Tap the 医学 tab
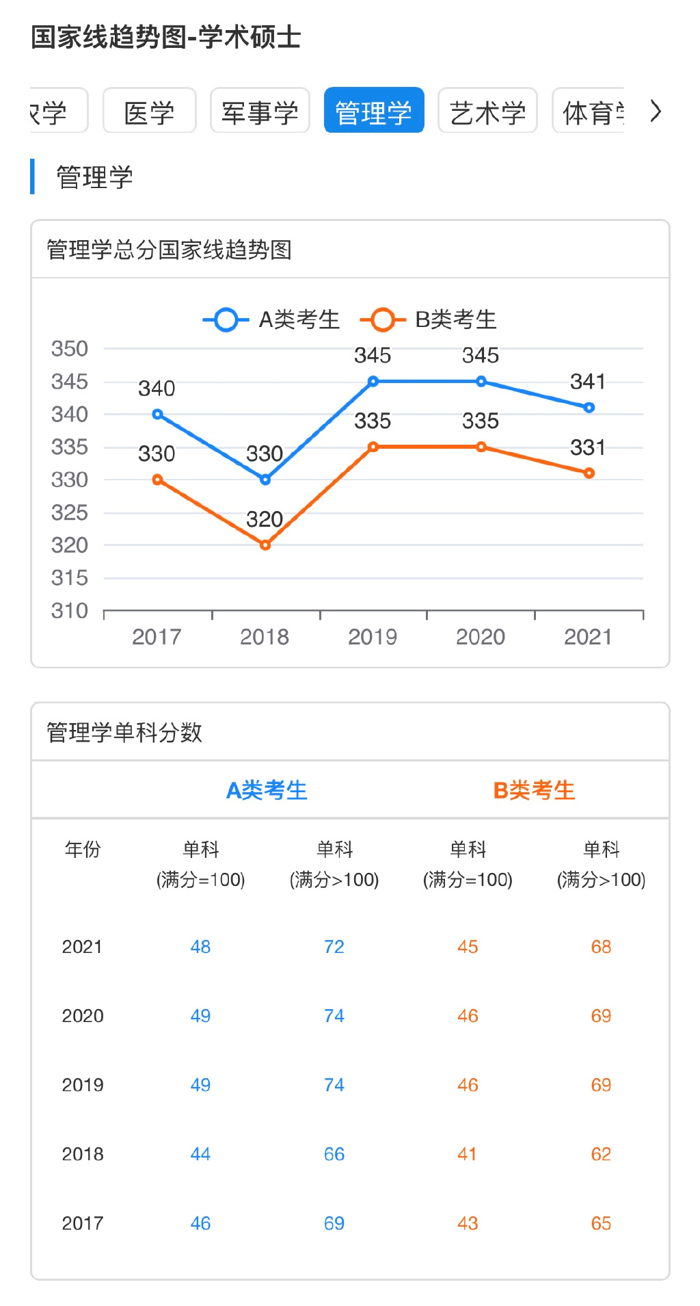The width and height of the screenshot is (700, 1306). [149, 111]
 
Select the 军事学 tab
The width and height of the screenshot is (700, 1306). [260, 111]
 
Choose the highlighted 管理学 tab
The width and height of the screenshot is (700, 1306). [373, 111]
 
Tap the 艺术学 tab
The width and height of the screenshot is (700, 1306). [487, 111]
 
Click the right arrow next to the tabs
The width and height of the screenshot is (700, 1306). [656, 111]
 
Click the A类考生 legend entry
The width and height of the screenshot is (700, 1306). [272, 319]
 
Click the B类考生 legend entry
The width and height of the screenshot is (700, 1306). [429, 319]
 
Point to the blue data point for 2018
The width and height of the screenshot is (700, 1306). [265, 480]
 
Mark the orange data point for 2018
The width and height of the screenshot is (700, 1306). [265, 545]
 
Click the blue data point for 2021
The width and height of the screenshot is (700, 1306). [589, 408]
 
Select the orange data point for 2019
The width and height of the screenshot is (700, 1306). [373, 447]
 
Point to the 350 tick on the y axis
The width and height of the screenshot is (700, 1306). [70, 349]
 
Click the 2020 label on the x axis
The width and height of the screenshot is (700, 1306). [481, 637]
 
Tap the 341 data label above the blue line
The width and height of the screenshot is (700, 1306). [588, 382]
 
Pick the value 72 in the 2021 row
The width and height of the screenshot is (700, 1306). [334, 947]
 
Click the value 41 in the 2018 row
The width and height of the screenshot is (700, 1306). [468, 1154]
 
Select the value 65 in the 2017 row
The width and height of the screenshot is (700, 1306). [601, 1223]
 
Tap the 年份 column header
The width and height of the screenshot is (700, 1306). [83, 850]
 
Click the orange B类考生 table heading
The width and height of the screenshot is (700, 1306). [534, 790]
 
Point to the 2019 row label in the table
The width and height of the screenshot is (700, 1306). [83, 1085]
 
